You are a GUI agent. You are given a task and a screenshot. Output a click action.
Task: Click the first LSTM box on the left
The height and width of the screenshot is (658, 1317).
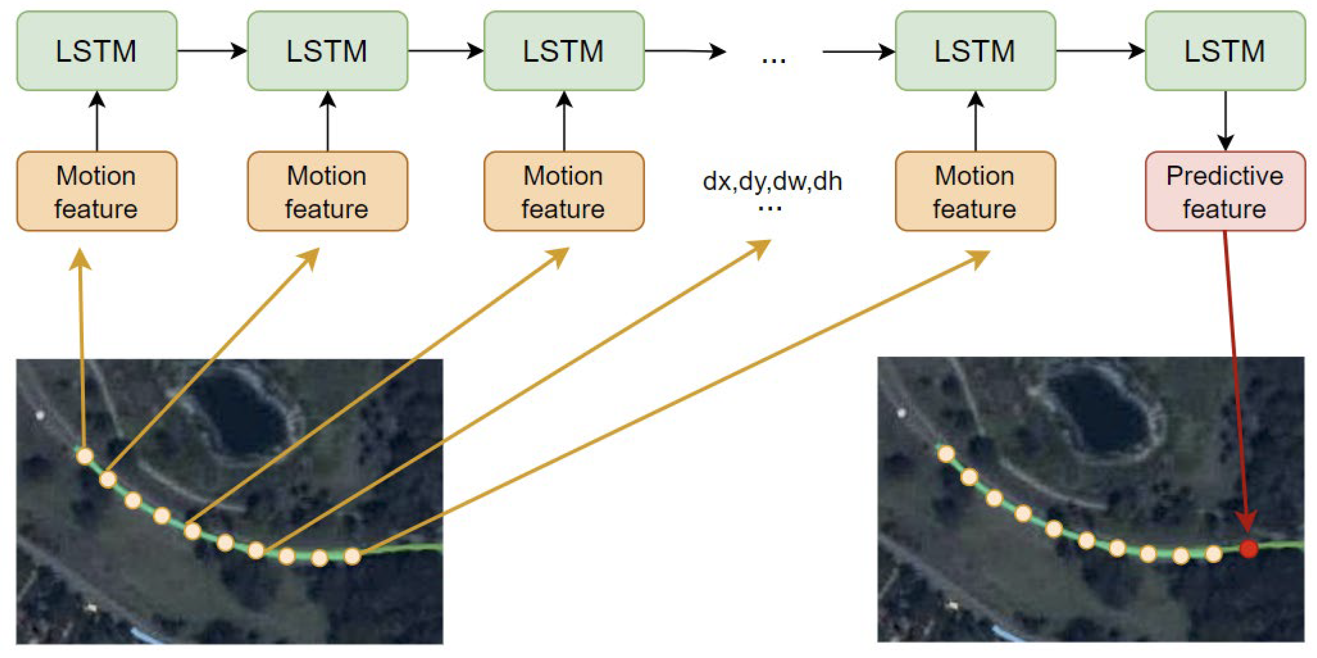click(x=97, y=51)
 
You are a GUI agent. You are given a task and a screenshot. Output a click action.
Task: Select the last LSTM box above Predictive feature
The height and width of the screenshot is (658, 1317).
click(x=1225, y=51)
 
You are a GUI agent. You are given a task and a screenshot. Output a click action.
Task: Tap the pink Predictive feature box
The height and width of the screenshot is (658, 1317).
click(x=1225, y=191)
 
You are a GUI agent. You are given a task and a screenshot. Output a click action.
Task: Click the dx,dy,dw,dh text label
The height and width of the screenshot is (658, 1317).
click(x=772, y=181)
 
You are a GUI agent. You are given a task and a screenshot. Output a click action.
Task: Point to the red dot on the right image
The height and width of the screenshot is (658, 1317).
click(x=1248, y=549)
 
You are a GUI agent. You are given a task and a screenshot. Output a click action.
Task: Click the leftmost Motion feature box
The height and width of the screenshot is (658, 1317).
click(x=97, y=191)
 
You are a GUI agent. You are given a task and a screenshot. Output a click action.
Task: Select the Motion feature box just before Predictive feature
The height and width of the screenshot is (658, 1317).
click(x=975, y=191)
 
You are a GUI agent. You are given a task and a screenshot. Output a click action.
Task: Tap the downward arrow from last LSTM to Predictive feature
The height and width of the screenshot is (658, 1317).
click(x=1225, y=120)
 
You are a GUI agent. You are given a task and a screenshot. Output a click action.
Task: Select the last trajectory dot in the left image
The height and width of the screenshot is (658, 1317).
click(x=352, y=556)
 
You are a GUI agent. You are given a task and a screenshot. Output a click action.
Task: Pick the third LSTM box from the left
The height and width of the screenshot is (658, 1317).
click(x=563, y=51)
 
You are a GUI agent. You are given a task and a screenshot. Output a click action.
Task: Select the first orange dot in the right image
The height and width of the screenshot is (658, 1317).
click(x=946, y=454)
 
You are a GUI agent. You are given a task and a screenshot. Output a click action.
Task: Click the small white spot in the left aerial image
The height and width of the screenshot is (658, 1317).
click(x=40, y=415)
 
